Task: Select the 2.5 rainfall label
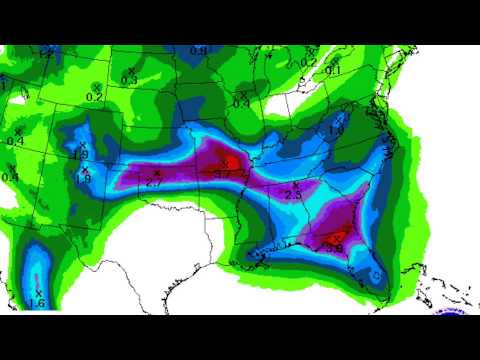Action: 295,195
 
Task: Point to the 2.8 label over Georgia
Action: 334,247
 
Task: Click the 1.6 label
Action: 38,303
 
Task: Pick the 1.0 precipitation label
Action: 337,130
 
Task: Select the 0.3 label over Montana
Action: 129,79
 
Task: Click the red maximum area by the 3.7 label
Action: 226,158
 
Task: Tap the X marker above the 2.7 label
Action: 157,173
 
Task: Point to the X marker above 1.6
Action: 38,292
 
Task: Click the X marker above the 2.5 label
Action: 295,185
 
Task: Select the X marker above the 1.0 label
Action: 338,120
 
